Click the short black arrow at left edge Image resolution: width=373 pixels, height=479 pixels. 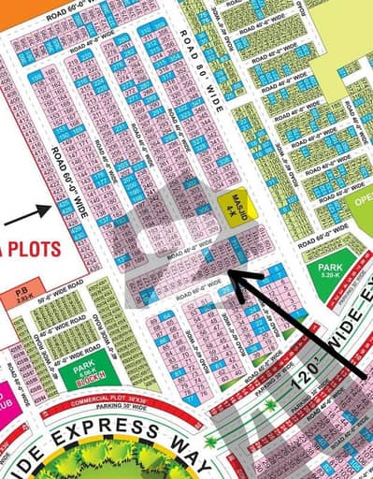pyautogui.click(x=28, y=217)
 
